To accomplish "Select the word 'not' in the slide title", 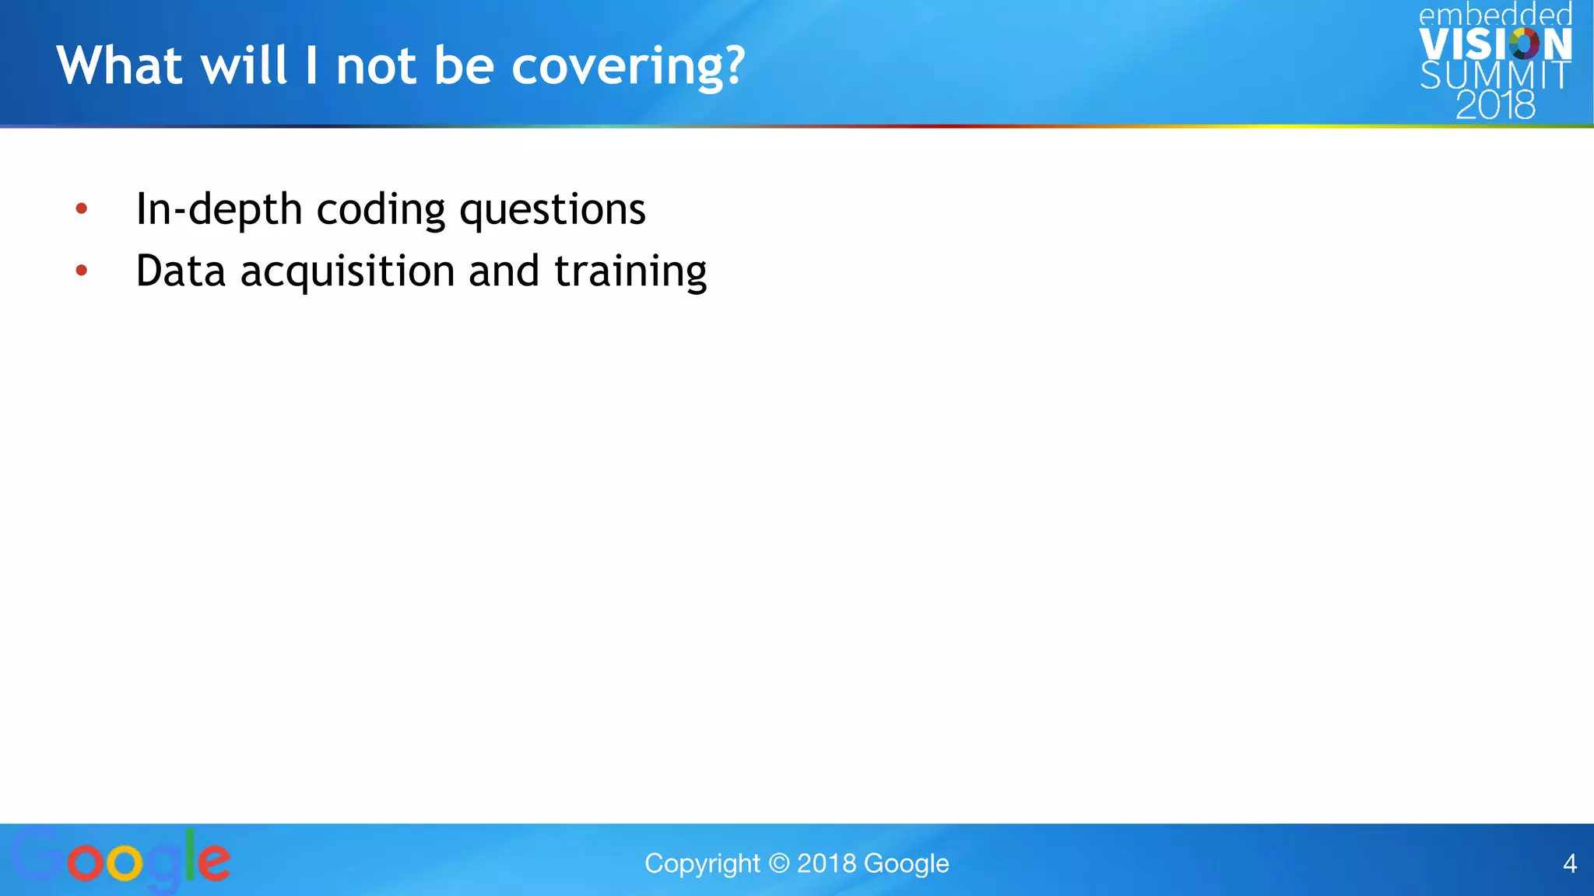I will [x=375, y=66].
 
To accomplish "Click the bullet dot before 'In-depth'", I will [x=82, y=208].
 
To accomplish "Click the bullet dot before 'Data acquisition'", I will [x=82, y=271].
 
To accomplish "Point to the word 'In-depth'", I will [x=219, y=210].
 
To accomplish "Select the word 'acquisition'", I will [x=347, y=272].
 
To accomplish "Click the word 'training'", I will [x=630, y=272].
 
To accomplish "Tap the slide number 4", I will [x=1570, y=863].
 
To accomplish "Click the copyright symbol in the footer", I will [x=778, y=863].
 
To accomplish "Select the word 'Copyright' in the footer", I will [x=701, y=864].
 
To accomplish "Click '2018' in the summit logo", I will [x=1495, y=105].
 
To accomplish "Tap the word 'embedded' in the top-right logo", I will [x=1495, y=15].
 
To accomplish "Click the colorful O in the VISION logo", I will [x=1524, y=44].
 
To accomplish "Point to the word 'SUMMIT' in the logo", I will [x=1495, y=75].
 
